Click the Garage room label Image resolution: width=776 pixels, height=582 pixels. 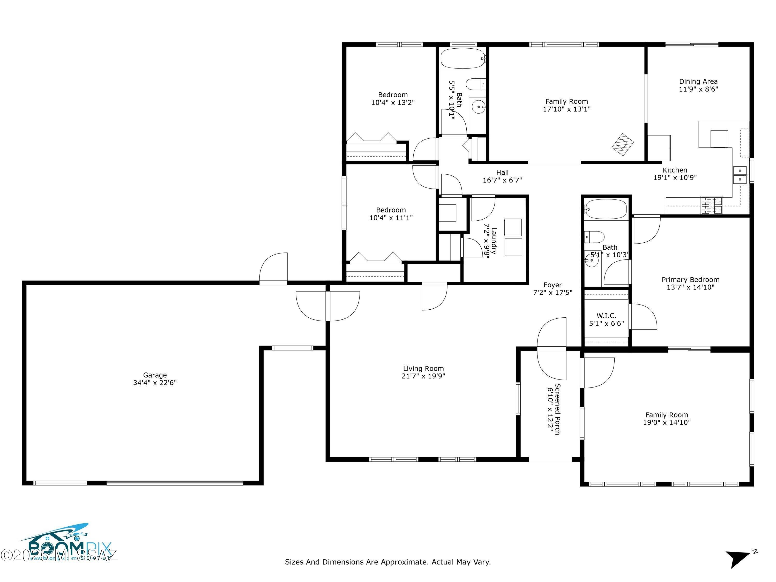[x=155, y=375]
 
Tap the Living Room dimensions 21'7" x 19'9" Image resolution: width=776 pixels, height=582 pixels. [x=423, y=376]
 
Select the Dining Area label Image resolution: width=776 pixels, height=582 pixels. [x=698, y=81]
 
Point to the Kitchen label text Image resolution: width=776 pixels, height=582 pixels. [x=675, y=170]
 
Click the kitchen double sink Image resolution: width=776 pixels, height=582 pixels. [x=740, y=175]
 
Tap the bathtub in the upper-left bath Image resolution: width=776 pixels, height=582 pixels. [x=462, y=58]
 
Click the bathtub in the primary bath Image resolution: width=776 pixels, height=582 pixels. [x=606, y=209]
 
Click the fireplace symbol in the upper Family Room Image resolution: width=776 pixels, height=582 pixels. [x=623, y=145]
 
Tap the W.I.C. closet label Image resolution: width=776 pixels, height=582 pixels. [x=606, y=316]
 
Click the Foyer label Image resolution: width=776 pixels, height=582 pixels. [x=553, y=285]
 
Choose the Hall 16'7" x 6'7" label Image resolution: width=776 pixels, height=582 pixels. [x=502, y=176]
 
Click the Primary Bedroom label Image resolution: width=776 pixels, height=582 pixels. [x=690, y=280]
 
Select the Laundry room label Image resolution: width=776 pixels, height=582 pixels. [x=490, y=241]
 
